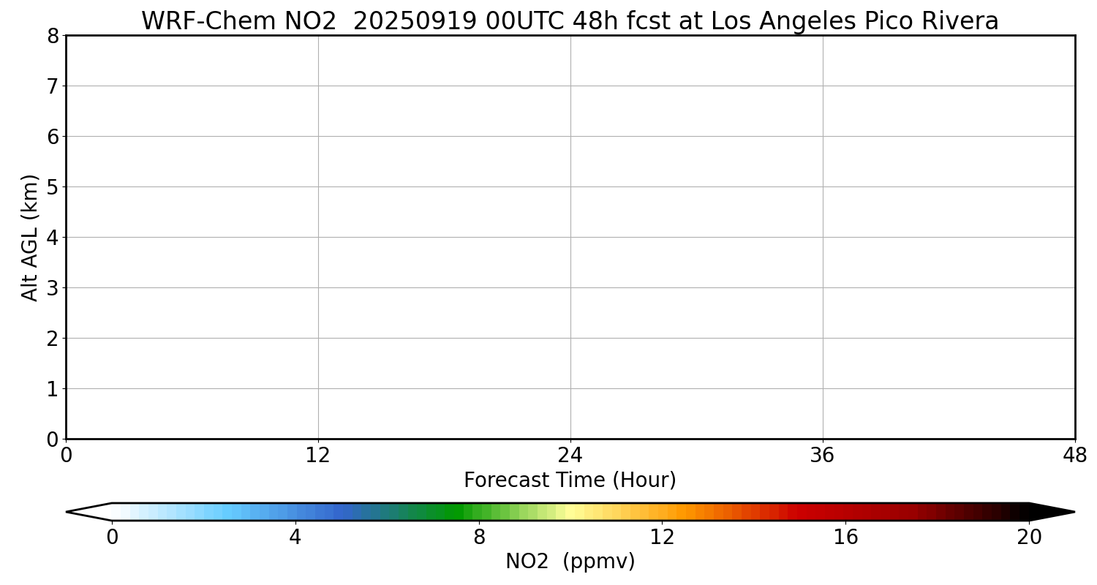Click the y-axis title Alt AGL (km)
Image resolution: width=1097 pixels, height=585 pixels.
[x=30, y=237]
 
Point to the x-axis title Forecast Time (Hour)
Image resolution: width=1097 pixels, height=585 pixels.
[x=570, y=480]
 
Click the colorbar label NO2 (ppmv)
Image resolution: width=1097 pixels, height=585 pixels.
[x=570, y=562]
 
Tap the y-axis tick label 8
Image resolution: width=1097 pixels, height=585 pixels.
[x=53, y=36]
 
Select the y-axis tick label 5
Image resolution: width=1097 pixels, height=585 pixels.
[x=53, y=186]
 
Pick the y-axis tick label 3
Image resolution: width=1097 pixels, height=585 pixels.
[x=53, y=287]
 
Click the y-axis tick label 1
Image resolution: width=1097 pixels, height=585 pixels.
[x=53, y=389]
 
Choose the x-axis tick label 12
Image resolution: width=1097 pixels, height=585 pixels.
[x=318, y=456]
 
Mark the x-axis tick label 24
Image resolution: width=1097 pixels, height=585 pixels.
[x=570, y=456]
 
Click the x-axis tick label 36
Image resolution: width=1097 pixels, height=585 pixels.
[x=823, y=456]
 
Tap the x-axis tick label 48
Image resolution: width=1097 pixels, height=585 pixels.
[x=1074, y=456]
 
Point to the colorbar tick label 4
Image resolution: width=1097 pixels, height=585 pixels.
[x=295, y=537]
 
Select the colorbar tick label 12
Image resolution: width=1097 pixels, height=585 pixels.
[x=662, y=537]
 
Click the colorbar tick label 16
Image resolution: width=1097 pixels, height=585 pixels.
[x=845, y=537]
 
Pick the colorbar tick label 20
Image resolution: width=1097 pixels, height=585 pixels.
[x=1029, y=537]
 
